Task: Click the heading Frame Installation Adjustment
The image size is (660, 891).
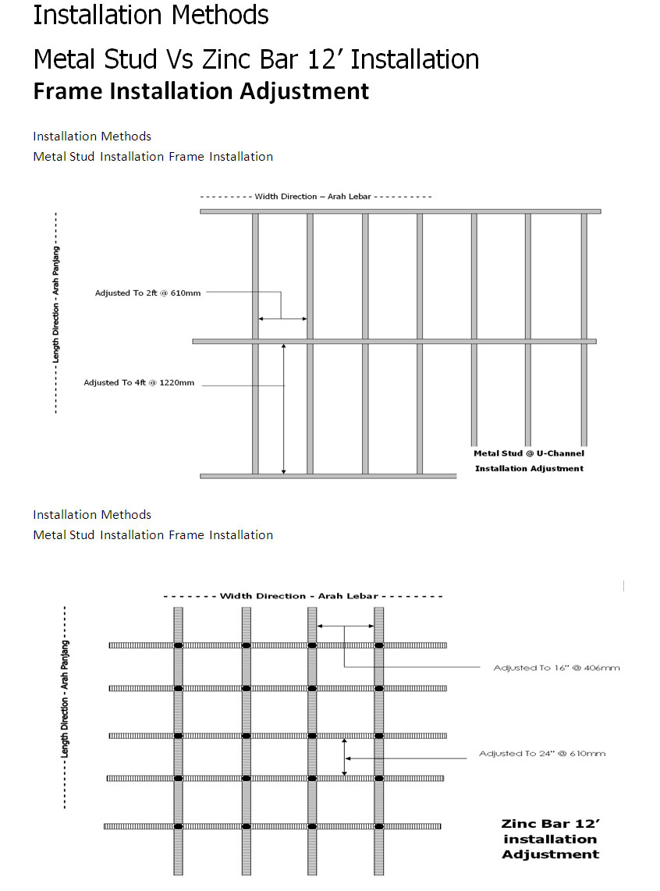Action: point(201,91)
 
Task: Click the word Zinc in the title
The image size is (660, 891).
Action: point(227,59)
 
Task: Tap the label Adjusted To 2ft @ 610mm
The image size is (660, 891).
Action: point(147,293)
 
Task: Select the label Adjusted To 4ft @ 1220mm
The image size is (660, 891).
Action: point(139,382)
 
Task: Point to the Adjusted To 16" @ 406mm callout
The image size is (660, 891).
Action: point(556,668)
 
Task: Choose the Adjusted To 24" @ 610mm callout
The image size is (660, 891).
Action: point(542,754)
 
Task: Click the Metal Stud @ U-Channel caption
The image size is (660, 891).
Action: point(529,453)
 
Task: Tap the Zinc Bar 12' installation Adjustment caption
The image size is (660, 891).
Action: point(550,839)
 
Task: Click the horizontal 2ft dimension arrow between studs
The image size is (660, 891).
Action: point(283,319)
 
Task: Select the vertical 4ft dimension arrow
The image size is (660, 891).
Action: point(284,409)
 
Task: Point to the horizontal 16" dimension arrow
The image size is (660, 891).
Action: point(346,627)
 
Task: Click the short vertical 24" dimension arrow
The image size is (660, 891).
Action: point(344,757)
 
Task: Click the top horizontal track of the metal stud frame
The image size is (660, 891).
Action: point(400,211)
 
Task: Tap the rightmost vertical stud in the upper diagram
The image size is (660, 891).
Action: point(584,329)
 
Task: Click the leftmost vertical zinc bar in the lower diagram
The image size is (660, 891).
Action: point(179,741)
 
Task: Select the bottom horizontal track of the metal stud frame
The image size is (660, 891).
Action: point(328,476)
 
